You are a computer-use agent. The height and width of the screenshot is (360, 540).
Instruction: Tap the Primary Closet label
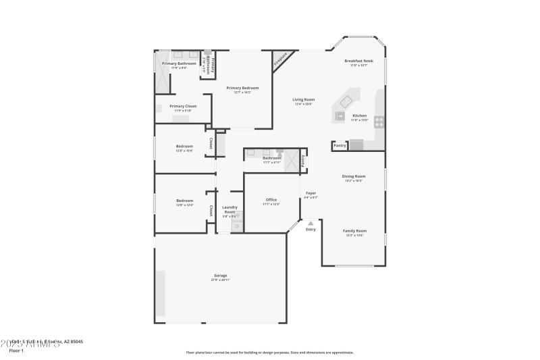tap(183, 106)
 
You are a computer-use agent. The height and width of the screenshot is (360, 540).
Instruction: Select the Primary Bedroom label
tap(242, 88)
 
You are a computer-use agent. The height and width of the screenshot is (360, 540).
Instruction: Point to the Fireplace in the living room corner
tap(281, 59)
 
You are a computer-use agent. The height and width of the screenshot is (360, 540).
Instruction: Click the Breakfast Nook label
tap(358, 61)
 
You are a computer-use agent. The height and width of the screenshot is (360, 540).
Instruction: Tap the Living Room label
tap(304, 100)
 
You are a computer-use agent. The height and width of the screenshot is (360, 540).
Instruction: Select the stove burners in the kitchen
tap(379, 122)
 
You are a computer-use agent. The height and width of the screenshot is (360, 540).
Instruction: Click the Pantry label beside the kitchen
tap(340, 145)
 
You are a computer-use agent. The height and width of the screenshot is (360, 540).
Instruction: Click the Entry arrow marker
tap(310, 222)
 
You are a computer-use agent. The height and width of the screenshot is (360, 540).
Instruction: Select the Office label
tap(271, 200)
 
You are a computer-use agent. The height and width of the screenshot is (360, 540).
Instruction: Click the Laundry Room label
tap(230, 209)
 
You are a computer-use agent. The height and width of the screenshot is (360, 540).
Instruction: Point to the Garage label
tap(221, 276)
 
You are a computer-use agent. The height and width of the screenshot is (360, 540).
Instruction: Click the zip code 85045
tap(76, 342)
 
